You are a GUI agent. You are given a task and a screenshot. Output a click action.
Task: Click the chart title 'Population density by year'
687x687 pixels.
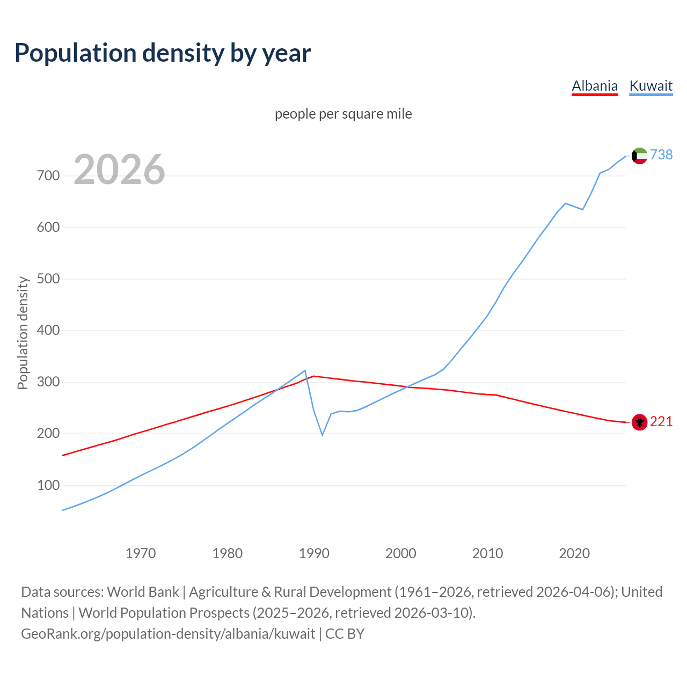163,53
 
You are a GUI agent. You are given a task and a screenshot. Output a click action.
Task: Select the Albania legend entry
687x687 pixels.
595,86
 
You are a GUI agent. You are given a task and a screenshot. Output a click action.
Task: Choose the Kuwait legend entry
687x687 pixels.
651,86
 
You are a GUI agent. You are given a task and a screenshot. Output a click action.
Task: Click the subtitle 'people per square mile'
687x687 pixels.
343,114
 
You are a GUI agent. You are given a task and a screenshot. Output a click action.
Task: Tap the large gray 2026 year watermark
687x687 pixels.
119,170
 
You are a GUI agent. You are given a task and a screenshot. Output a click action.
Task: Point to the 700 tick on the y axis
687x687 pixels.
48,176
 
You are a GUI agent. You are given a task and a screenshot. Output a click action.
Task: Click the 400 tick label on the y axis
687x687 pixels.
48,331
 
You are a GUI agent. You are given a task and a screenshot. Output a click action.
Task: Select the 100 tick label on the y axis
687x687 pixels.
48,485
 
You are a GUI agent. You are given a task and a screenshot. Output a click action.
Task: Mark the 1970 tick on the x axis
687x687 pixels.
141,553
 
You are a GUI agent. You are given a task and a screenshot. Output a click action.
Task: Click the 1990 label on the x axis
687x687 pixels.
314,553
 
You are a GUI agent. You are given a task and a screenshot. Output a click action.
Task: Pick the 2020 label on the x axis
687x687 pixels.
574,553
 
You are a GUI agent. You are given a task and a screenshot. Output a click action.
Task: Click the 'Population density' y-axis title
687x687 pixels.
23,333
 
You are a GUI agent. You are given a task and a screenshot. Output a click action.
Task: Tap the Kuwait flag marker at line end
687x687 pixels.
639,156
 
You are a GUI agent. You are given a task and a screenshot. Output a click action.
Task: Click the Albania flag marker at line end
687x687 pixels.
639,422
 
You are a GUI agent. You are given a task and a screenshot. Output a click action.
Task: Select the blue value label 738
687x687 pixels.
661,155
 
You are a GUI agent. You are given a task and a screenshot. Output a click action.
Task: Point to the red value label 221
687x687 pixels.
661,422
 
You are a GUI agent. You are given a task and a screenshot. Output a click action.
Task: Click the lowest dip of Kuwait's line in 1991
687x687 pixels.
323,435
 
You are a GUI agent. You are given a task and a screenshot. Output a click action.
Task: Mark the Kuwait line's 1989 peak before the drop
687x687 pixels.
305,370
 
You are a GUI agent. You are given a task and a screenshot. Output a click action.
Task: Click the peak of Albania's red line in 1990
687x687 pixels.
314,376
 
